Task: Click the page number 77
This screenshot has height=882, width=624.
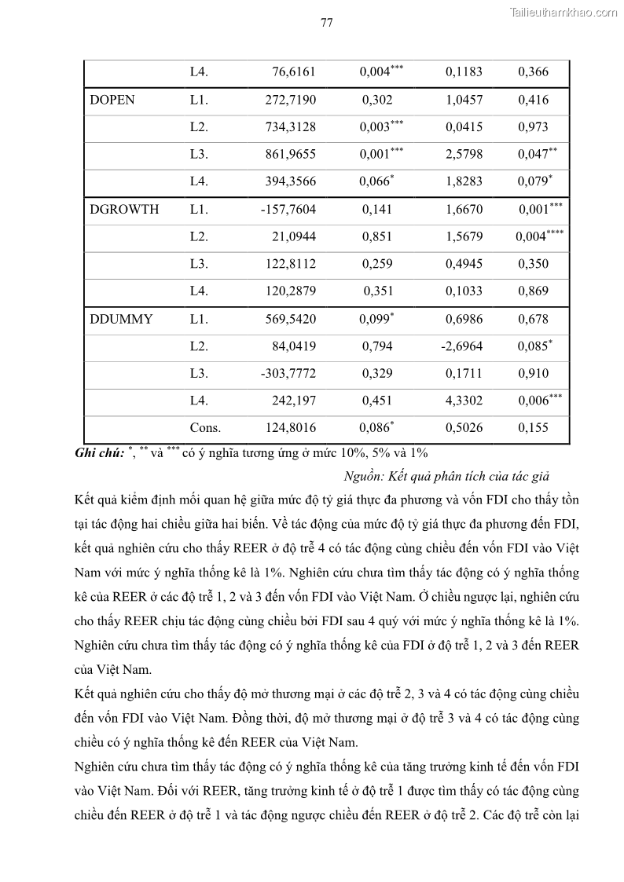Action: coord(327,23)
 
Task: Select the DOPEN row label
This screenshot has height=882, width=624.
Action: coord(112,101)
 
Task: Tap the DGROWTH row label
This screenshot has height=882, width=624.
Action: coord(124,210)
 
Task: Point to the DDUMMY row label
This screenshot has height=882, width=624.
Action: coord(122,320)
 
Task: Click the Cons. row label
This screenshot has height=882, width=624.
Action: coord(205,429)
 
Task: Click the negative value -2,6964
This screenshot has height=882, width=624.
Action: coord(462,346)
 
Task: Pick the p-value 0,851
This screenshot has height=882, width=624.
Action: coord(377,237)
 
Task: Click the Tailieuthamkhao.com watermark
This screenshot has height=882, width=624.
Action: coord(563,12)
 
